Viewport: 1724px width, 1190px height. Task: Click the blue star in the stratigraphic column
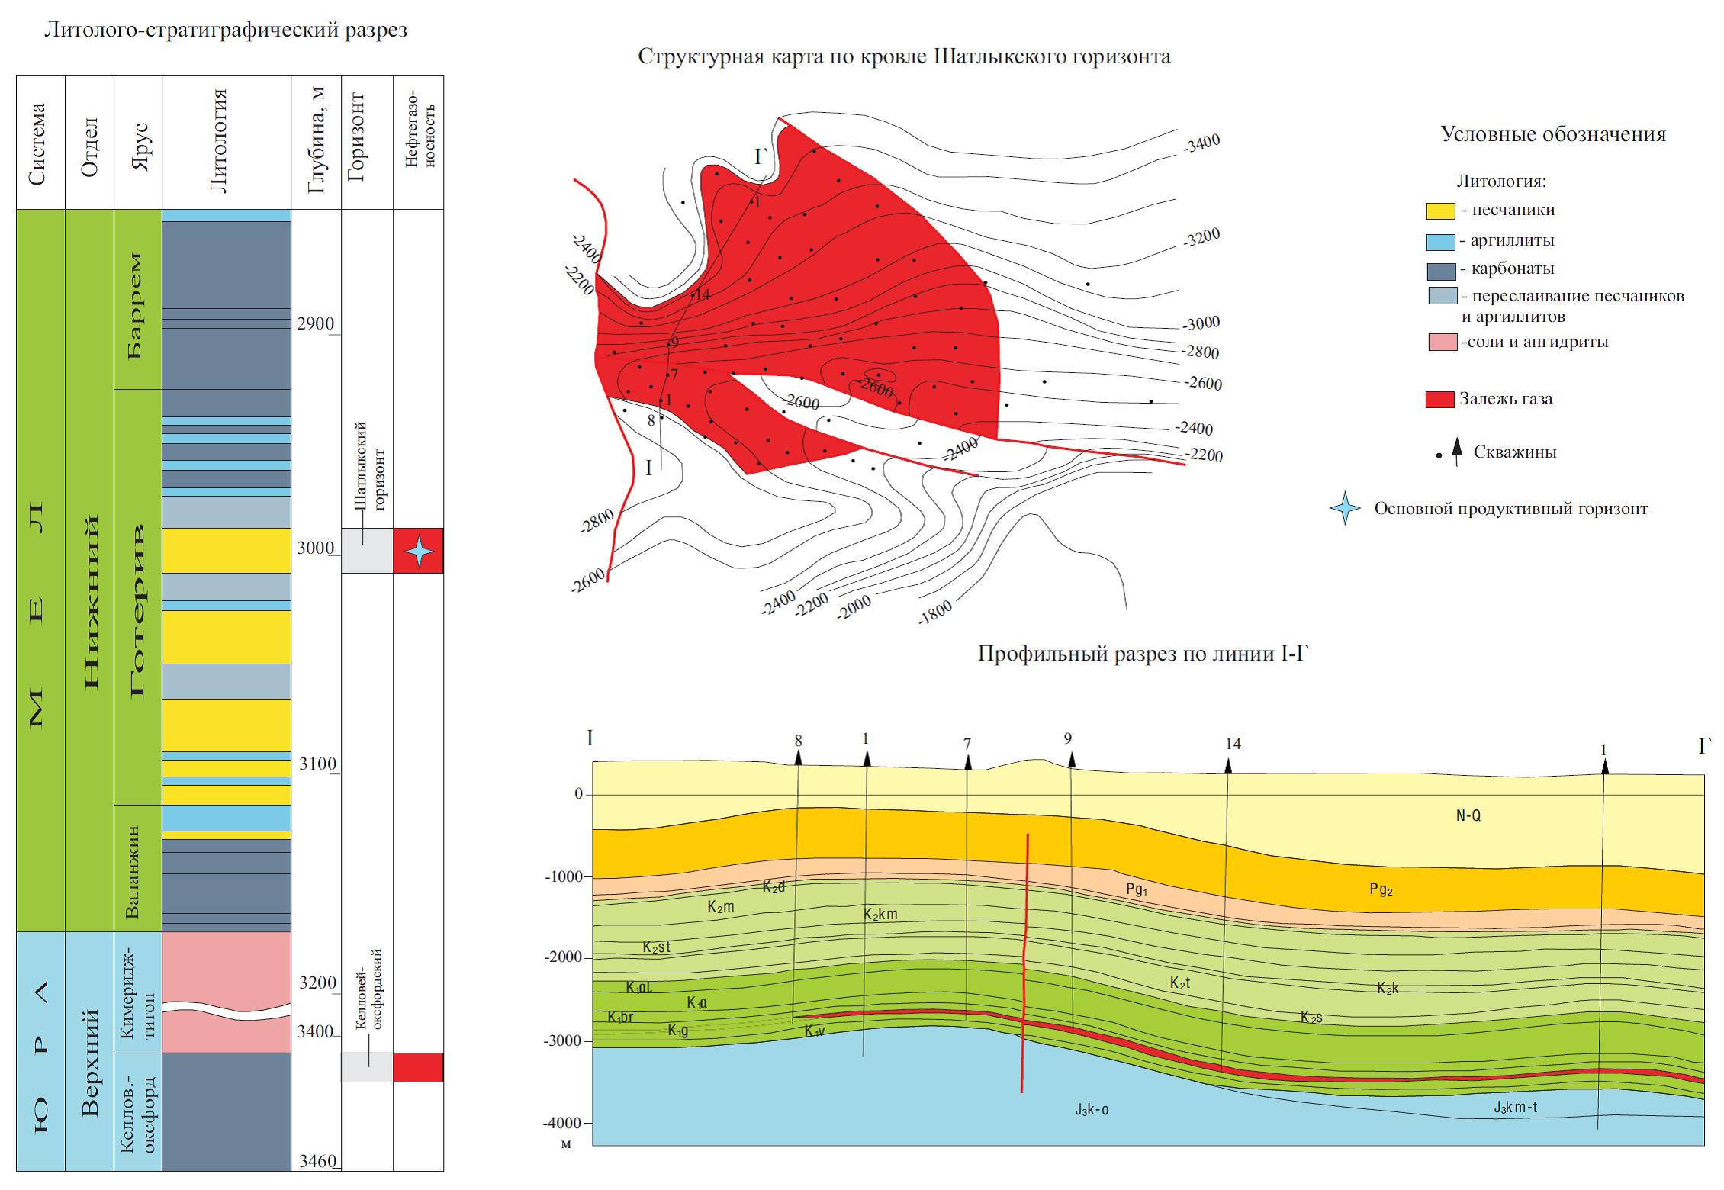point(418,551)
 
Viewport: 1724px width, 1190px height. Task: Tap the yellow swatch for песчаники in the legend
point(1440,211)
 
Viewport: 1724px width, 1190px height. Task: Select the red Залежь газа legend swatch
point(1439,400)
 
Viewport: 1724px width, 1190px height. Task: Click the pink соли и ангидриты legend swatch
point(1442,343)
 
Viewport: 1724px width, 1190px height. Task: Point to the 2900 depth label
point(315,324)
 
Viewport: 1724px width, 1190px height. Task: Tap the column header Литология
point(220,142)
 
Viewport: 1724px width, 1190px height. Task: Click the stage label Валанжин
point(135,870)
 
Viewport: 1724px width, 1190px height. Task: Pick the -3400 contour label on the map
point(1202,143)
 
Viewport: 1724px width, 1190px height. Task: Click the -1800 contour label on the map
point(935,612)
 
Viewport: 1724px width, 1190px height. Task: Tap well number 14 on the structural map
point(702,294)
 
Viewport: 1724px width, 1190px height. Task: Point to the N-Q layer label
point(1468,816)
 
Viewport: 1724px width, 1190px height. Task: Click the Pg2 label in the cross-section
point(1381,889)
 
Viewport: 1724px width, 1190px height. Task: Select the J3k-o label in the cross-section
point(1092,1110)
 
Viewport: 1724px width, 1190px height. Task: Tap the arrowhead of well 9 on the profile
point(1071,760)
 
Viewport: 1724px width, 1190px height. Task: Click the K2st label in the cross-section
point(656,947)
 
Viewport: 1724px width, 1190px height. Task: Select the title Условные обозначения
point(1552,135)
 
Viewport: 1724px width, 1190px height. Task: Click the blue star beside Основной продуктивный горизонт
point(1345,509)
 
